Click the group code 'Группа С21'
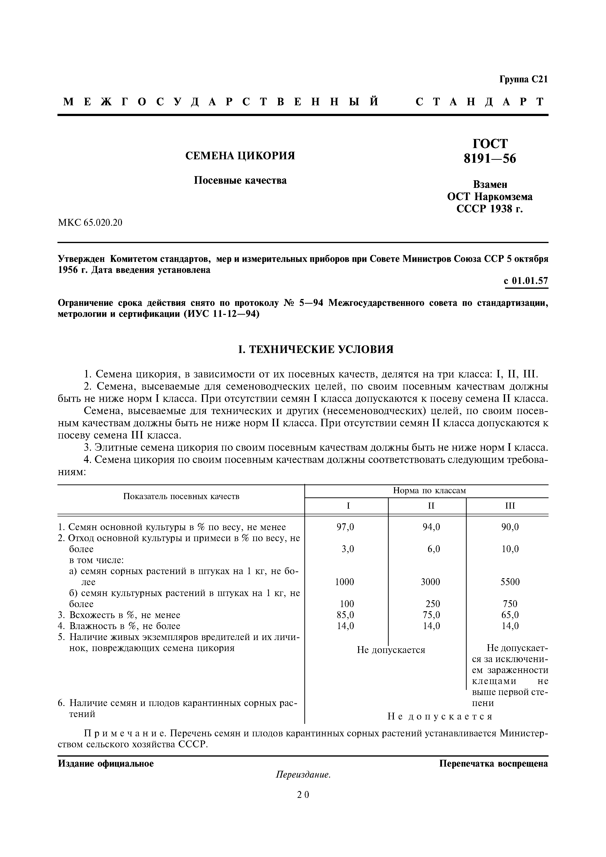click(x=523, y=79)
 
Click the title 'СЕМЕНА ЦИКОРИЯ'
click(x=240, y=156)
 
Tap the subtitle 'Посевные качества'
click(x=240, y=181)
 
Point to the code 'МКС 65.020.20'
click(x=90, y=223)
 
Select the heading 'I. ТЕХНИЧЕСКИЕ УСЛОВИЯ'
click(x=316, y=350)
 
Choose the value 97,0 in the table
click(x=345, y=527)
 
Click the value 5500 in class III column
click(x=510, y=582)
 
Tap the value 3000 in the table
click(x=430, y=582)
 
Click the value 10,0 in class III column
click(x=510, y=549)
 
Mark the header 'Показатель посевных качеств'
click(x=181, y=496)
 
